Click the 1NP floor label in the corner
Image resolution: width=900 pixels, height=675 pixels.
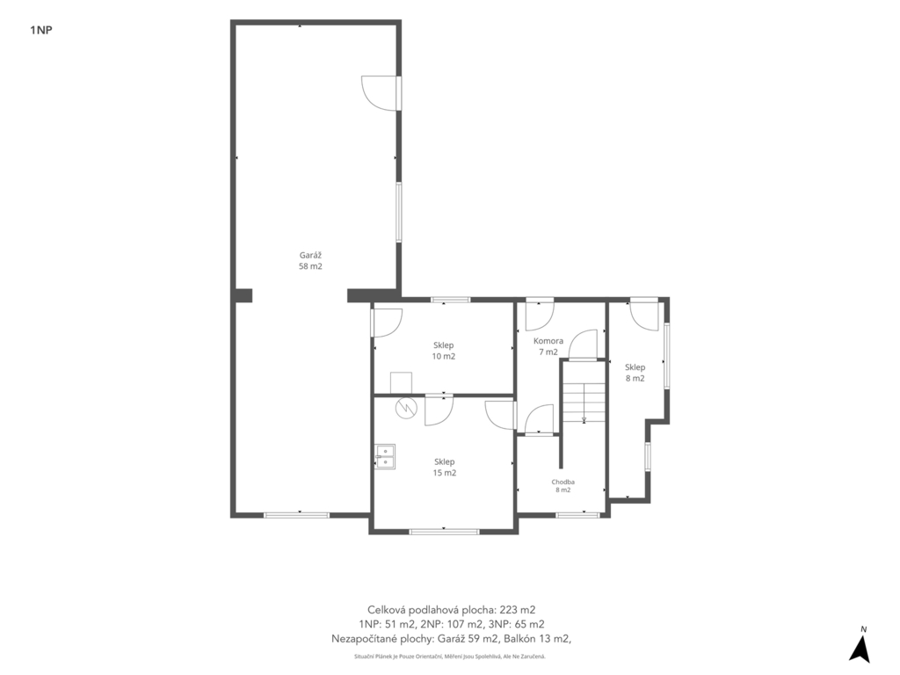(x=40, y=31)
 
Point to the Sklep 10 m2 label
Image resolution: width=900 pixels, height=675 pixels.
(x=444, y=351)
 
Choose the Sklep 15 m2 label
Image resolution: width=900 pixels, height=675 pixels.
(x=445, y=468)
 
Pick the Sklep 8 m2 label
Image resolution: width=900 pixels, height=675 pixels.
(x=635, y=373)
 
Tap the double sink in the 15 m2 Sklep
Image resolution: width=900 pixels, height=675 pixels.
(x=386, y=456)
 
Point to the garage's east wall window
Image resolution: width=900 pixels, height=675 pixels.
(x=398, y=213)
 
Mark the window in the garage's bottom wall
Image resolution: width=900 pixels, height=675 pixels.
(x=297, y=515)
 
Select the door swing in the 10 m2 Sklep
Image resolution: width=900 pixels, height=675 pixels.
(x=388, y=323)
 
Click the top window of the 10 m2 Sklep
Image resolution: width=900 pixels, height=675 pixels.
(x=451, y=300)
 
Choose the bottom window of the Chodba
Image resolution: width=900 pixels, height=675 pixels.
(x=577, y=515)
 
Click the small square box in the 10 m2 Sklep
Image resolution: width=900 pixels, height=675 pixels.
(x=401, y=383)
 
